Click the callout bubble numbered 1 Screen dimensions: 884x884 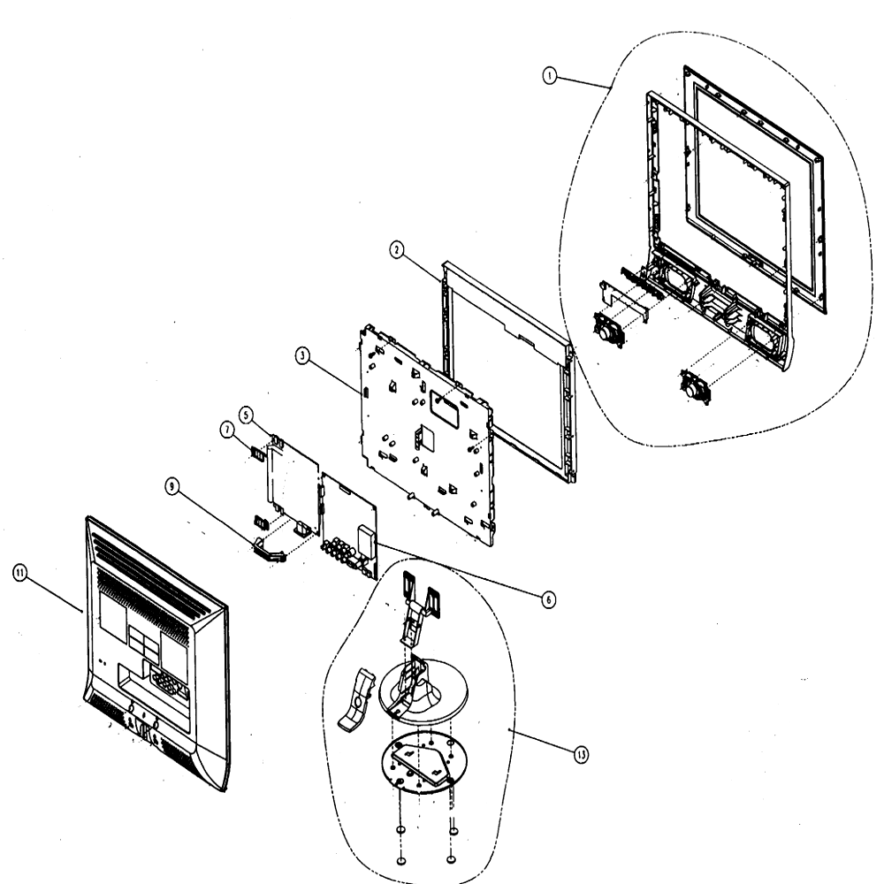(x=550, y=75)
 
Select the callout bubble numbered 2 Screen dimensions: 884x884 (x=397, y=250)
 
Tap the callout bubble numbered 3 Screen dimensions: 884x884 (x=302, y=355)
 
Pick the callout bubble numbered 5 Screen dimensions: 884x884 (x=246, y=415)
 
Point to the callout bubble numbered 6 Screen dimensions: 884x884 (x=547, y=598)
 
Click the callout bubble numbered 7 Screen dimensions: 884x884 (x=226, y=431)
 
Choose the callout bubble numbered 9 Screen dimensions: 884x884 (x=172, y=486)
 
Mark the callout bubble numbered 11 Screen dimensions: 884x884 (x=19, y=574)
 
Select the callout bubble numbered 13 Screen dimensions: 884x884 (x=582, y=754)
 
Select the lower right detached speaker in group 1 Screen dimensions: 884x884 (x=696, y=386)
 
